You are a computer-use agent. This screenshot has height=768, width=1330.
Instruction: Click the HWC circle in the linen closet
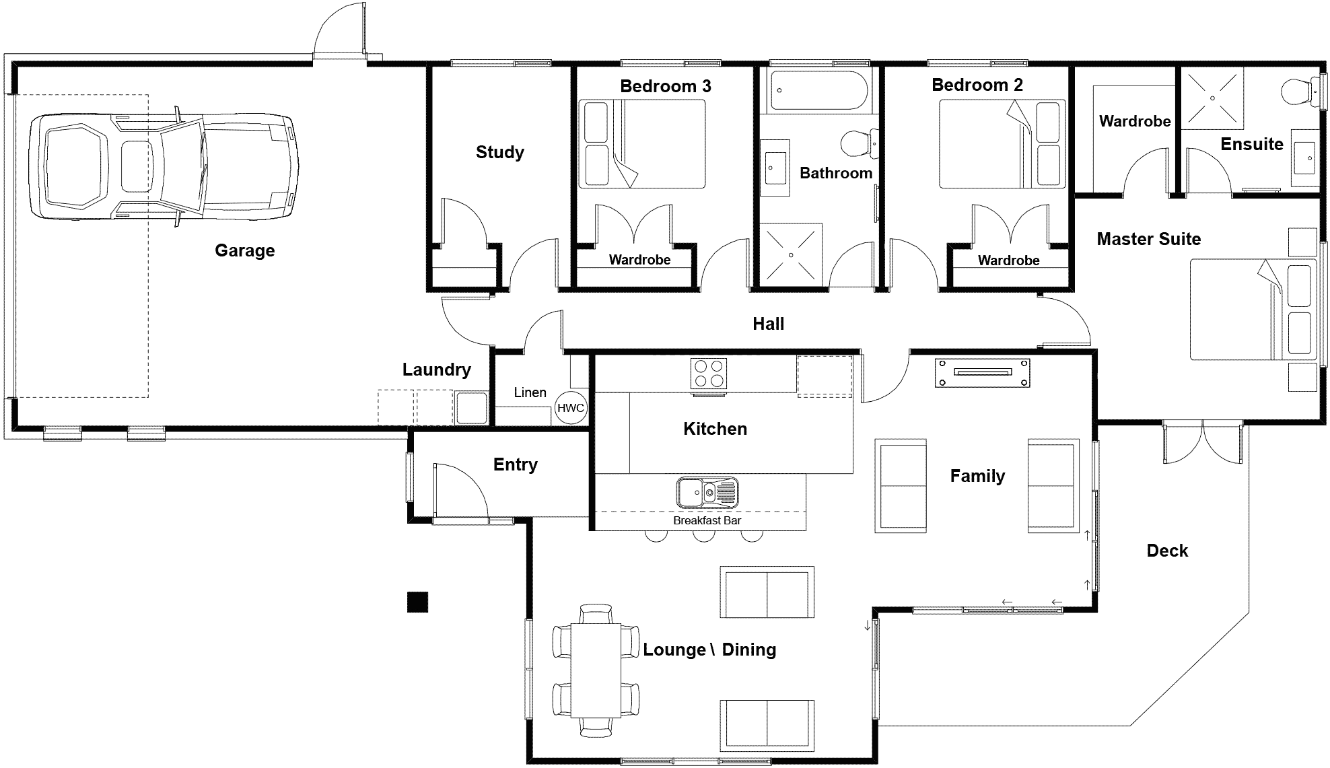point(571,408)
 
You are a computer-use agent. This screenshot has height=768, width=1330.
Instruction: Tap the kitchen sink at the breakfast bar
point(707,492)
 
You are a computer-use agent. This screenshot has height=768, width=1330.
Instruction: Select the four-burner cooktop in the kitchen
point(709,374)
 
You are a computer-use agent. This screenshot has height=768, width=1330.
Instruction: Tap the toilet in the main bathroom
point(859,143)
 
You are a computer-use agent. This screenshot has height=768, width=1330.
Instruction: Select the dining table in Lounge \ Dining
point(596,670)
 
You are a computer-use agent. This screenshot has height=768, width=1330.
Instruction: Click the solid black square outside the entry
point(417,602)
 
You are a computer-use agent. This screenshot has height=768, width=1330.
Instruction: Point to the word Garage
point(244,250)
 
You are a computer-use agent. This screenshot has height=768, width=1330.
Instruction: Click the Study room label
point(499,152)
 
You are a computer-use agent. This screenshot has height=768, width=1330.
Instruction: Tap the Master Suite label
point(1148,239)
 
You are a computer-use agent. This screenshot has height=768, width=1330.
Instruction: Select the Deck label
point(1167,551)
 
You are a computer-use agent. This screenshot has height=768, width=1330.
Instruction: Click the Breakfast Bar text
point(707,520)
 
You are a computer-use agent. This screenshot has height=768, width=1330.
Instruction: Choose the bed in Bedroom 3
point(642,143)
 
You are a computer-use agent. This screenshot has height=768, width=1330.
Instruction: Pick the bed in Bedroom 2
point(1002,143)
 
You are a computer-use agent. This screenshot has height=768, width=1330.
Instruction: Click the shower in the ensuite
point(1212,98)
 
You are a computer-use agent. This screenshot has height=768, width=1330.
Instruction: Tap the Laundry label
point(436,370)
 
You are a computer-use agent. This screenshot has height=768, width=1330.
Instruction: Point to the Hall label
point(768,324)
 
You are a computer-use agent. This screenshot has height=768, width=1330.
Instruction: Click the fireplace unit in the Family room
point(982,372)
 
